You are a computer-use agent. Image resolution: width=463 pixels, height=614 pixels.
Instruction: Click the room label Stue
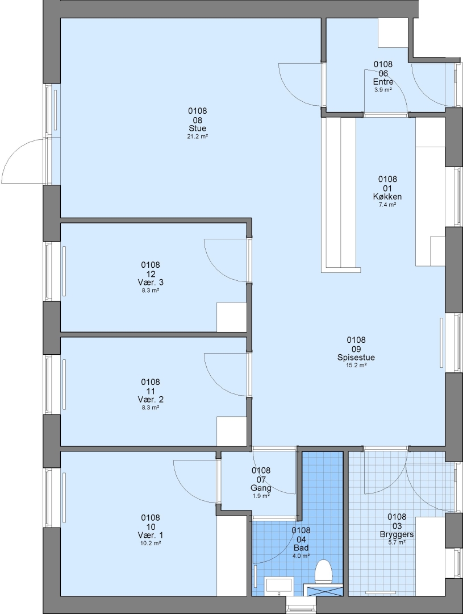point(197,128)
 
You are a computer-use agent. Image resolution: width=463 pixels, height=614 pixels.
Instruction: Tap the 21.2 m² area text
point(197,136)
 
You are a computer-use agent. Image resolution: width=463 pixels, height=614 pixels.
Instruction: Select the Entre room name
point(383,81)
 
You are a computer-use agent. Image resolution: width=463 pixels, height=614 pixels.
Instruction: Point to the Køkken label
point(387,197)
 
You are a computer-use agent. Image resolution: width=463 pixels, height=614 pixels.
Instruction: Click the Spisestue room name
point(356,357)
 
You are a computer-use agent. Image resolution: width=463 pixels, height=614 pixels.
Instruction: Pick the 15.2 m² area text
point(356,366)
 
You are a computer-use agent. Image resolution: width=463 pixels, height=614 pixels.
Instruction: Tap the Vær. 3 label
point(151,283)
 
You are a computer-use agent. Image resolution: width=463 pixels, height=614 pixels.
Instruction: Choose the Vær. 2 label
point(151,400)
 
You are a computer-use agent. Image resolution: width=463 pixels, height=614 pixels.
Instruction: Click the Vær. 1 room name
point(151,535)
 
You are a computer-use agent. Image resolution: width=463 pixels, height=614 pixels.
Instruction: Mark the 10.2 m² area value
point(151,544)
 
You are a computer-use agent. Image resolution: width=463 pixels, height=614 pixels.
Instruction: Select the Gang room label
point(261,488)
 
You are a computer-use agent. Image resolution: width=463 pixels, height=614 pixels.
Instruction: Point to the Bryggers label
point(397,534)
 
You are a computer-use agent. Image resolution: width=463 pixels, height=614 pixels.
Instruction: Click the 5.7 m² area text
point(397,543)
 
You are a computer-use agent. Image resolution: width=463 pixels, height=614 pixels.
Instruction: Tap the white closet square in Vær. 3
point(232,317)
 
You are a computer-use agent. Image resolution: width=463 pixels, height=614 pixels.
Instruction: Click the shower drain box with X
point(324,590)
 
